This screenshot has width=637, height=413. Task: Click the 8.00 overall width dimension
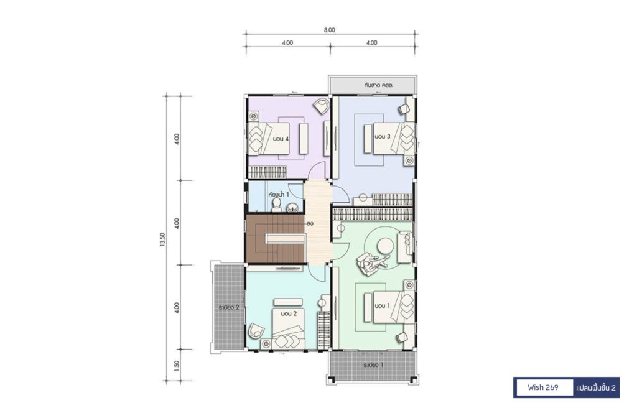point(330,30)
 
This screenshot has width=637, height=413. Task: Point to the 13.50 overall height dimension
point(163,239)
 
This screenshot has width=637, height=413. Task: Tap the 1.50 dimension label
point(176,366)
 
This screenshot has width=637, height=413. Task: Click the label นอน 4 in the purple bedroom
point(281,139)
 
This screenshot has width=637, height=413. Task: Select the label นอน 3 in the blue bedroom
point(383,137)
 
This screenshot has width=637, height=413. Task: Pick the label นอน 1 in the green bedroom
point(383,305)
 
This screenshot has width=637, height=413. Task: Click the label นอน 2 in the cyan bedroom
point(289,313)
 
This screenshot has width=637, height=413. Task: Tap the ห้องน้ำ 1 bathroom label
point(279,195)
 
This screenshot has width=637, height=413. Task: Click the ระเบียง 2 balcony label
point(229,307)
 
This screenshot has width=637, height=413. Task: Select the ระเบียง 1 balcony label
point(373,364)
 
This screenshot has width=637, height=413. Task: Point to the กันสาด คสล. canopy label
point(379,86)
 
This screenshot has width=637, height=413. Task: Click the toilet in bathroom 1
point(277,204)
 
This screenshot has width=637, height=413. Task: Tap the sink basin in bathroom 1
point(292,208)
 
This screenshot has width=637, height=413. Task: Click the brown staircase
point(275,239)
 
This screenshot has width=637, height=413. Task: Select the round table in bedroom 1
point(385,245)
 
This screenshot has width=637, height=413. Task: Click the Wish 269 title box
point(542,387)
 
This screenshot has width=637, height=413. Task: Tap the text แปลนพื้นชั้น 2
point(595,388)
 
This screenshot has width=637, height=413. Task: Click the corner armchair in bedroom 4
point(321,106)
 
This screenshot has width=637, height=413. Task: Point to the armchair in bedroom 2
point(256,330)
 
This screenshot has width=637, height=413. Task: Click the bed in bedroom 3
point(394,139)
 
